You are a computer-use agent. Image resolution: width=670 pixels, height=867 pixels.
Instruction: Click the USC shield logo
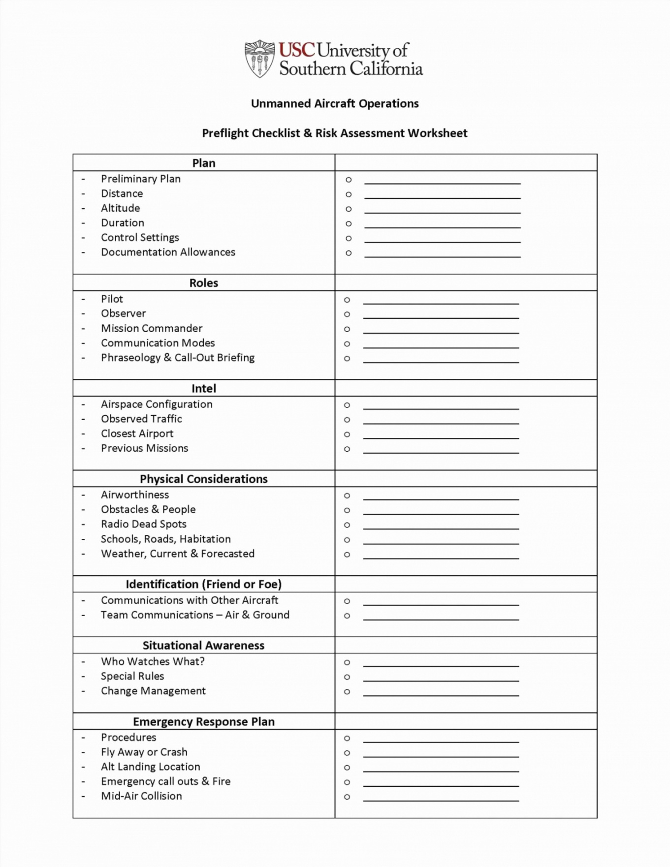[259, 59]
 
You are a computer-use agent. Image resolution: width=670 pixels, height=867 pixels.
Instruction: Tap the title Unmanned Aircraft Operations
[335, 103]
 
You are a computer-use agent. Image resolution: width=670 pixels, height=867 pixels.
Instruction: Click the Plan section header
[204, 163]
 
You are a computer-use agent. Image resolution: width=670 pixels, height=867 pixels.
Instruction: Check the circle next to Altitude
[349, 209]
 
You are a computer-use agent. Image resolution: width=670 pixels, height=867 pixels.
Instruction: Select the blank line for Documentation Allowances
[442, 255]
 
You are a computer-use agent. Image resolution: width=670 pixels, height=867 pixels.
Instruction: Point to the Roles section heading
[204, 283]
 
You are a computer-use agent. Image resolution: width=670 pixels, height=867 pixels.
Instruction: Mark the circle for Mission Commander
[347, 329]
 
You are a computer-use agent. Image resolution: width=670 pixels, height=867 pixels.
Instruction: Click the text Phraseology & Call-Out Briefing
[178, 358]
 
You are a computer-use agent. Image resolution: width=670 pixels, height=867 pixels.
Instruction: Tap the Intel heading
[204, 388]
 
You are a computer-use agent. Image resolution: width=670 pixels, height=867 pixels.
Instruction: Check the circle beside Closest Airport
[347, 434]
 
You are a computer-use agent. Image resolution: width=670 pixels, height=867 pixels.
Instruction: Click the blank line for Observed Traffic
[441, 422]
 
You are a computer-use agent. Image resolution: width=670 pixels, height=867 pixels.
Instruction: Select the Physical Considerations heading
[204, 479]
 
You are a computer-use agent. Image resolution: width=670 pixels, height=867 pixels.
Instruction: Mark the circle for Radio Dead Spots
[347, 525]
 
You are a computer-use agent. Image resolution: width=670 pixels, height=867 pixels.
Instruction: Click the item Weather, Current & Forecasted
[178, 554]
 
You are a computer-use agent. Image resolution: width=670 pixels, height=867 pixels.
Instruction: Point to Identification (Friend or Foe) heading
[204, 584]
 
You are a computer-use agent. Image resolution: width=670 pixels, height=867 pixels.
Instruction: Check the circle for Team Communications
[347, 616]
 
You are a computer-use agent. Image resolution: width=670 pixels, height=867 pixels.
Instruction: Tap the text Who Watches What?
[153, 661]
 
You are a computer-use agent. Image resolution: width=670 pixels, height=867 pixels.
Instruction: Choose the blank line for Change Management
[441, 694]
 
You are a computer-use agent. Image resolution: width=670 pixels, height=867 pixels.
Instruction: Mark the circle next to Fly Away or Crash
[347, 753]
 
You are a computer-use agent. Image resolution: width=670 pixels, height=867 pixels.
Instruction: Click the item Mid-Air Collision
[141, 796]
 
